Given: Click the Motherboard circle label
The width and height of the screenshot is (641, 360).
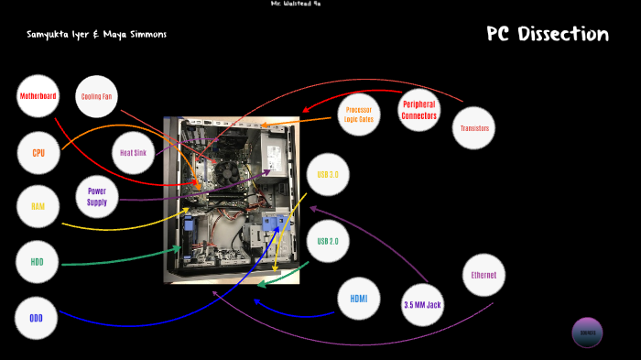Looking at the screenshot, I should (x=38, y=96).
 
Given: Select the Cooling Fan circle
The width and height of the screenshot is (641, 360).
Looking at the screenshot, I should (x=97, y=96).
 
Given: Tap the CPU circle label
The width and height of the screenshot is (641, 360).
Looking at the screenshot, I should (x=38, y=153).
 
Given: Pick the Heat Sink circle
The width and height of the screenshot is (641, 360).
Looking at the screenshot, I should (x=134, y=153).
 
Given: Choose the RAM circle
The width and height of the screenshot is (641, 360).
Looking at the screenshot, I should (x=38, y=207).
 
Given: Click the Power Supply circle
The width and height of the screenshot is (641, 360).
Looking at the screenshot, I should (x=97, y=196).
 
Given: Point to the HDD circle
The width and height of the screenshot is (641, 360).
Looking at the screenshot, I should (x=38, y=262).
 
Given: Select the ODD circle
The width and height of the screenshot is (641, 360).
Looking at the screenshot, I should (x=37, y=318).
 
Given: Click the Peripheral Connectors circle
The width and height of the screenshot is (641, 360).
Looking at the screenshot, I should (x=418, y=110).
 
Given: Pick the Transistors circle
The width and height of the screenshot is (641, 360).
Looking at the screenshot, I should (x=473, y=128).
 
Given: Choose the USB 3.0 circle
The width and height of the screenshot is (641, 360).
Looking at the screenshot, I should (x=328, y=174).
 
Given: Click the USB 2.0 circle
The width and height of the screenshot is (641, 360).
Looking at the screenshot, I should (x=328, y=242).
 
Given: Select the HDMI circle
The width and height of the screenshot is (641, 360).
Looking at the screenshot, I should (x=358, y=299).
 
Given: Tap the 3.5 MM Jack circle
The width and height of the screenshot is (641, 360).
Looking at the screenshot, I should (x=422, y=303).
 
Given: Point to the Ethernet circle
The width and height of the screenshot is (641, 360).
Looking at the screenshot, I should (x=483, y=275).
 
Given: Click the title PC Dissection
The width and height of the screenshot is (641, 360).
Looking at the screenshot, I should (x=547, y=35).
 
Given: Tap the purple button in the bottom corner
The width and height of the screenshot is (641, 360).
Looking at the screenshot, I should (x=587, y=333).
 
